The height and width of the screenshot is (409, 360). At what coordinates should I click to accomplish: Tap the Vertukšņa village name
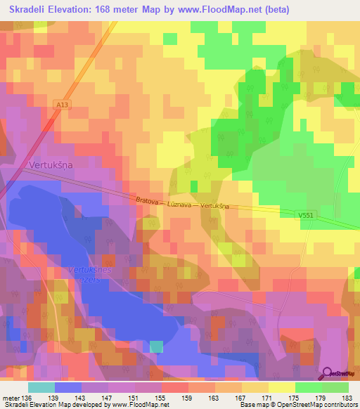(x=51, y=164)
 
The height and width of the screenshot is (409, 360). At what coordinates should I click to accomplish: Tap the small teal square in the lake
(x=156, y=346)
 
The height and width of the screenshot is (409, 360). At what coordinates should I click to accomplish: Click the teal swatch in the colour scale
(x=41, y=387)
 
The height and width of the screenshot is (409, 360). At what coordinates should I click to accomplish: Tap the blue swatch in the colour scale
(x=68, y=387)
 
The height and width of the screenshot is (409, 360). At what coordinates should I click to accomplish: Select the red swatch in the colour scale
(x=175, y=387)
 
